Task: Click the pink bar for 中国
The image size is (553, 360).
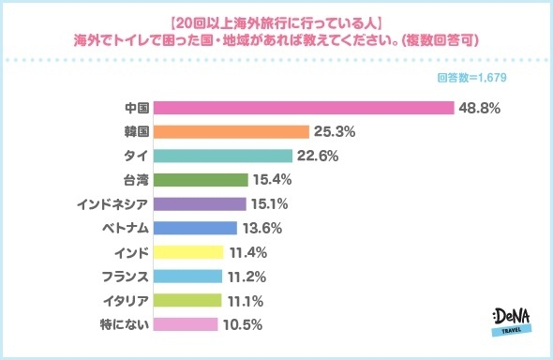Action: (303, 107)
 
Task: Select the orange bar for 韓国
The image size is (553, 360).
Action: (231, 131)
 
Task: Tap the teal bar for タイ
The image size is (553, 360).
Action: (222, 156)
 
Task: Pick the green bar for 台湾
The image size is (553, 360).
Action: (200, 180)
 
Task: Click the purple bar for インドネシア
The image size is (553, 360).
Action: (199, 203)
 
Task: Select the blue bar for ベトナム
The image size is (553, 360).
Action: (194, 228)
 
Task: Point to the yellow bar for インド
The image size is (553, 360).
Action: (187, 252)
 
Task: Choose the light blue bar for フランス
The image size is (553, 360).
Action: (187, 277)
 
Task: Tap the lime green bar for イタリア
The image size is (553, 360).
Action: (187, 301)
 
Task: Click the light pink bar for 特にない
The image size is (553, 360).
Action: (185, 325)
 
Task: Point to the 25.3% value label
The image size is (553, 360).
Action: (334, 131)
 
